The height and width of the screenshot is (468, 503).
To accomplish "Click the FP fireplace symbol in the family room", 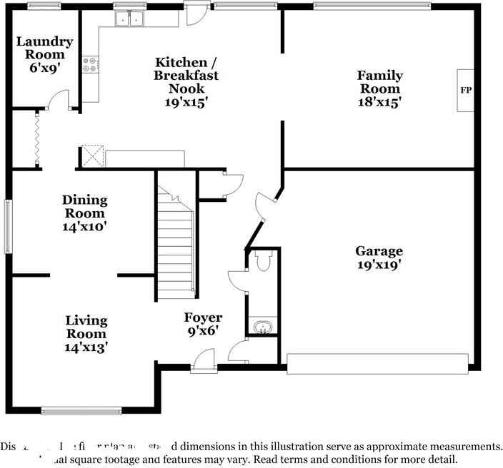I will pos(465,91).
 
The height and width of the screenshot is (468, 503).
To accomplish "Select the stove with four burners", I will pos(91,66).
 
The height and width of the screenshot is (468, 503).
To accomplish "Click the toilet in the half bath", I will pos(262,262).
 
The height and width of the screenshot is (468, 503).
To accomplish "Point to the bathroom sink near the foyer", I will pos(262,327).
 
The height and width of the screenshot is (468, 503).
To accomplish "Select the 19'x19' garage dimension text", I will pos(379,265).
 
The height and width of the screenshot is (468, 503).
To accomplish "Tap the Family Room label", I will pos(379,82).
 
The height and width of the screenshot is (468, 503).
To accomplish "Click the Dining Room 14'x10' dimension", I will pos(85,227).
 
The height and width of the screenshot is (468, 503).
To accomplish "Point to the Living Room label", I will pos(86,327).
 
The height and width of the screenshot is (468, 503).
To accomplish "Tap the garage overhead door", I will pos(377,363).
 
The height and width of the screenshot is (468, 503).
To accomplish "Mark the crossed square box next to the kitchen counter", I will pos(92,156).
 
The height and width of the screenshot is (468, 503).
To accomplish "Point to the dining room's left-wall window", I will pos(9,225).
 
